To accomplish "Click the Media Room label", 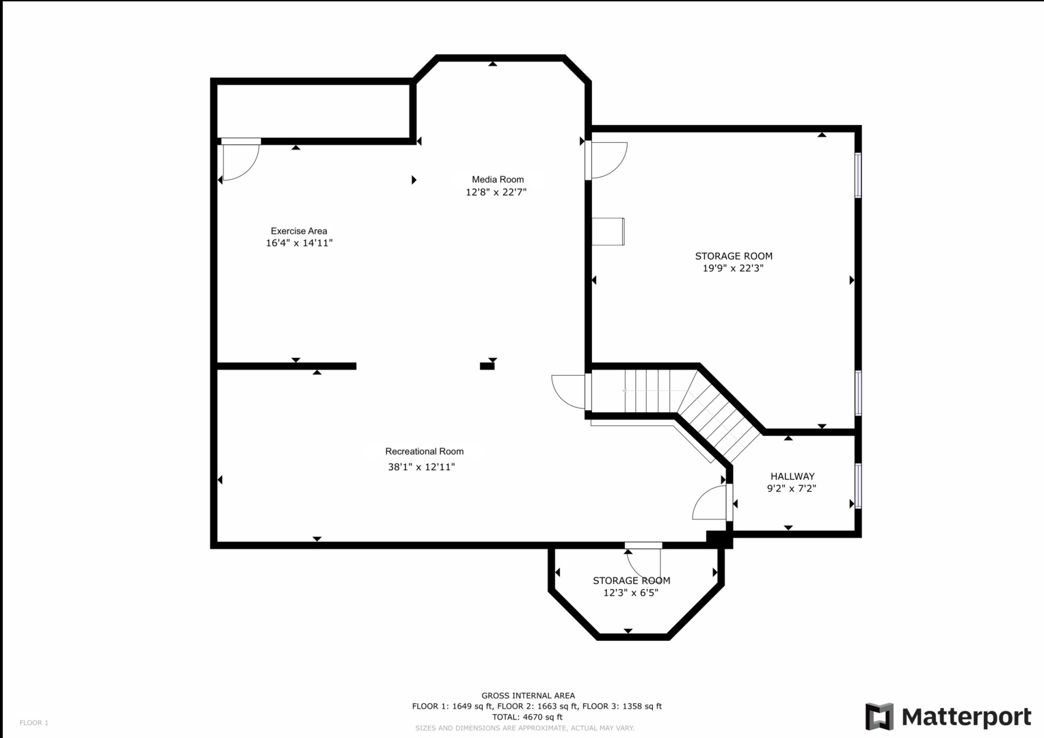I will point(497,180).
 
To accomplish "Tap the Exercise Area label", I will point(299,231).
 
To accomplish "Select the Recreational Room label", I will point(424,452).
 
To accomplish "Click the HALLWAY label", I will point(792,476).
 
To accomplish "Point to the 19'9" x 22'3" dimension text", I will point(733,269).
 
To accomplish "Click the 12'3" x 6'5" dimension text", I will point(630,593).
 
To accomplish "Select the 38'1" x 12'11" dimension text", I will point(421,467).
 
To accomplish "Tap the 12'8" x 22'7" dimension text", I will point(496,193).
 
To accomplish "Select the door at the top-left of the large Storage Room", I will point(607,160).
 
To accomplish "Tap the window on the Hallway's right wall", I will point(858,486).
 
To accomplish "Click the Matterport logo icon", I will point(879,717).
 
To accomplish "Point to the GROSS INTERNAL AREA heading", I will point(528,696).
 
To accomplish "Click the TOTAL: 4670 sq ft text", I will point(527,717).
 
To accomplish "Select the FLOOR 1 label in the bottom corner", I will point(34,723).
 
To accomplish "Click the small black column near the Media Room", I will point(487,366).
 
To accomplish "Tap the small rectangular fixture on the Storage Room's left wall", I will point(608,231).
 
